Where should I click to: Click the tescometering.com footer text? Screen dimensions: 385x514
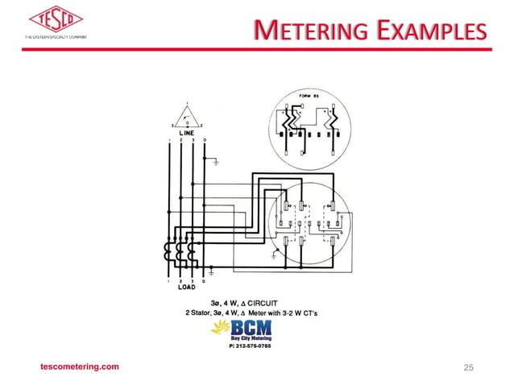[80, 366]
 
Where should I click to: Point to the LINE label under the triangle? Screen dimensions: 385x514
[186, 132]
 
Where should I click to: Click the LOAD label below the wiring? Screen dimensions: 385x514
[185, 287]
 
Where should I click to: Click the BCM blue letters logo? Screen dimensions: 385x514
[251, 328]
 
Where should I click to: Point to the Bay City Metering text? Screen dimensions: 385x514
[251, 338]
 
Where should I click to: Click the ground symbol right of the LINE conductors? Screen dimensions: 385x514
[216, 162]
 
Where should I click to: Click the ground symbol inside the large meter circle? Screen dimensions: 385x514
[278, 257]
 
